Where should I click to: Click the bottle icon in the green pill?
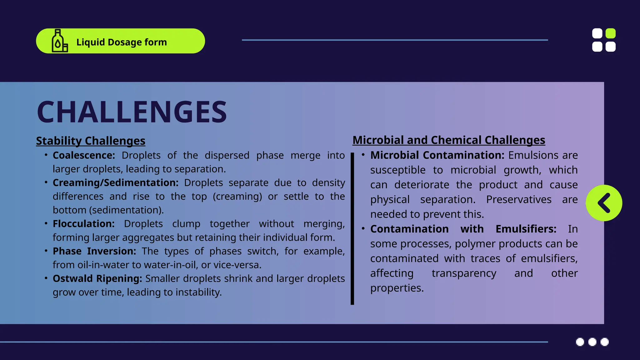pos(59,41)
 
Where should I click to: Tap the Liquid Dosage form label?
pos(122,42)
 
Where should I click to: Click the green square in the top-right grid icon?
pos(610,33)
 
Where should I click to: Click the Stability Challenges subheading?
pos(91,141)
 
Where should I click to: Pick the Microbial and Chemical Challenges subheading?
pos(449,140)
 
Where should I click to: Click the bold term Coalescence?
pos(84,155)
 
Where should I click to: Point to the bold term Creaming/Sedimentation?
pos(116,183)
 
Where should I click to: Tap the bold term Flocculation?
pos(83,224)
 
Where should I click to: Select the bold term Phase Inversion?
pos(94,251)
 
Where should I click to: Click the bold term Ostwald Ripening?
pos(97,278)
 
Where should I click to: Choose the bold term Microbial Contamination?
pos(437,155)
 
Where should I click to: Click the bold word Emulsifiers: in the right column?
pos(526,229)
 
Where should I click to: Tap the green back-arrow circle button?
pos(604,203)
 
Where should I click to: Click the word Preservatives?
pos(519,200)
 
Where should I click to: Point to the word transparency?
pos(464,273)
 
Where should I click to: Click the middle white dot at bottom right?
pos(592,342)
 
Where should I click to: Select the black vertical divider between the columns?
pos(352,228)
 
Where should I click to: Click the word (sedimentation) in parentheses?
pos(126,210)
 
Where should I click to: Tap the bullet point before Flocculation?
pos(46,223)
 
